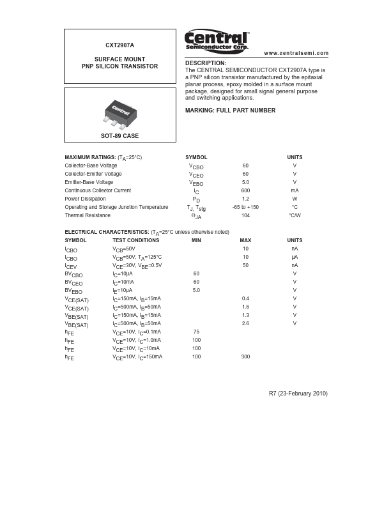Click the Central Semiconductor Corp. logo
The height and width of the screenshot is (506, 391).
217,41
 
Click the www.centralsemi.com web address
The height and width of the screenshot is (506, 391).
296,53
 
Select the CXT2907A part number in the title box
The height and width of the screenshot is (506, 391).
119,45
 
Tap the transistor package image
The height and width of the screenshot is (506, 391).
119,112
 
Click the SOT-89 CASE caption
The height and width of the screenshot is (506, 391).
119,136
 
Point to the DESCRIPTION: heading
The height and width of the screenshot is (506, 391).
206,63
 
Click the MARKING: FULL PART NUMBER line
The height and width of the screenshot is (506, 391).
230,111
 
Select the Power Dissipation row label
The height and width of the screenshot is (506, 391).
85,199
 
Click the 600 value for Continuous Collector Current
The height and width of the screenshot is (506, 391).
245,190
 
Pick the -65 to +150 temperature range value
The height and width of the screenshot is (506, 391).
245,207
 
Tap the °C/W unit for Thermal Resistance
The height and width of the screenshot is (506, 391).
295,215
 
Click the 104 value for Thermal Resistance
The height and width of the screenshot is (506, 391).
245,215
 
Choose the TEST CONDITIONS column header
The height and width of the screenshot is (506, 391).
135,240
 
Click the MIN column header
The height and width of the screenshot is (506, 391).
196,240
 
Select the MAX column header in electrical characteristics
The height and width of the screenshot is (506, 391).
245,240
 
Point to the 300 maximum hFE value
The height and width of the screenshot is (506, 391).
245,356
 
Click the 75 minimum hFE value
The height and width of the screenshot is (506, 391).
196,332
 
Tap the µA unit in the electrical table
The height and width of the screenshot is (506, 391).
295,257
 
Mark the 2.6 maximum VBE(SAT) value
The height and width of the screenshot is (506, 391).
245,323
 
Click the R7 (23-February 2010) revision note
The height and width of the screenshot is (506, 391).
298,394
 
